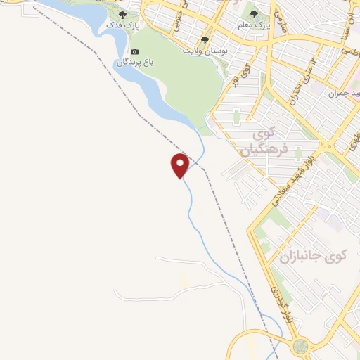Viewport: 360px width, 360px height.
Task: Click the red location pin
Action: (x=180, y=165)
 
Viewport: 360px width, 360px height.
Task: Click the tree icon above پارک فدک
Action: (x=123, y=14)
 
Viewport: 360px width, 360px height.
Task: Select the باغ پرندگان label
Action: (x=134, y=63)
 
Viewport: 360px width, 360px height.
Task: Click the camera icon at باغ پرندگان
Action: (x=135, y=51)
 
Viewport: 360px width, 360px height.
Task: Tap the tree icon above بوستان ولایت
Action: (x=205, y=40)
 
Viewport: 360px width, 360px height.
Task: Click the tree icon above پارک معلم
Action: (x=255, y=14)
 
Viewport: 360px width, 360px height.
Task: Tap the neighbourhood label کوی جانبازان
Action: (x=314, y=257)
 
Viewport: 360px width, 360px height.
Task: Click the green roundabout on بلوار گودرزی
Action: (x=301, y=345)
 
